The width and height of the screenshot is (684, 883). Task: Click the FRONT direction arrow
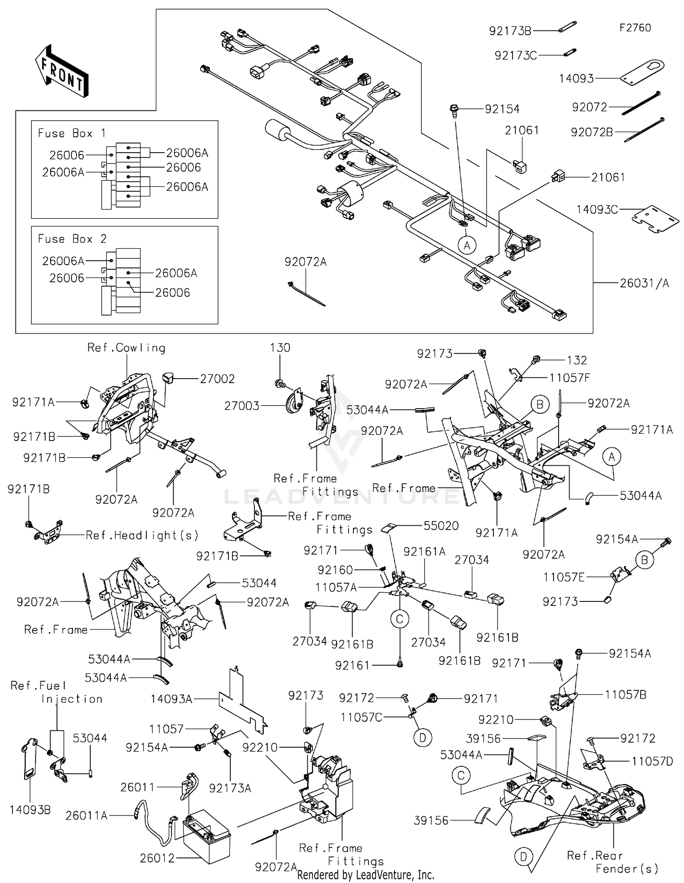[x=62, y=71]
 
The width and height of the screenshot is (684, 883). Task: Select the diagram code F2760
[x=635, y=28]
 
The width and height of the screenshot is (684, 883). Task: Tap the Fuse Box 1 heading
[x=72, y=133]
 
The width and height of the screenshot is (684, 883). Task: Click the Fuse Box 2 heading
[x=72, y=239]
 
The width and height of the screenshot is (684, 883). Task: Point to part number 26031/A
[x=644, y=283]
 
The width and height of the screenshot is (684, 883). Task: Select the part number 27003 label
[x=242, y=406]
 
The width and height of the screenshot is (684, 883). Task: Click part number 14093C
[x=597, y=210]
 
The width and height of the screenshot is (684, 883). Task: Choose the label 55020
[x=441, y=526]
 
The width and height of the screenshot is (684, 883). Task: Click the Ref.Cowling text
[x=126, y=348]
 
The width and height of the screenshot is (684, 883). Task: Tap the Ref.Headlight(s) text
[x=142, y=535]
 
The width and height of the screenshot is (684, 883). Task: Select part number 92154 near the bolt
[x=502, y=109]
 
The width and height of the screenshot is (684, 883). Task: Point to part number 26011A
[x=86, y=816]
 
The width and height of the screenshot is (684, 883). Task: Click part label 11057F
[x=570, y=378]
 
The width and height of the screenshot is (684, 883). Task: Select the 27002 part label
[x=217, y=379]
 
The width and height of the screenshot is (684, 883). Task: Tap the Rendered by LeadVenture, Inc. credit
[x=365, y=875]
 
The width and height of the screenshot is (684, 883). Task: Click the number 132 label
[x=576, y=360]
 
